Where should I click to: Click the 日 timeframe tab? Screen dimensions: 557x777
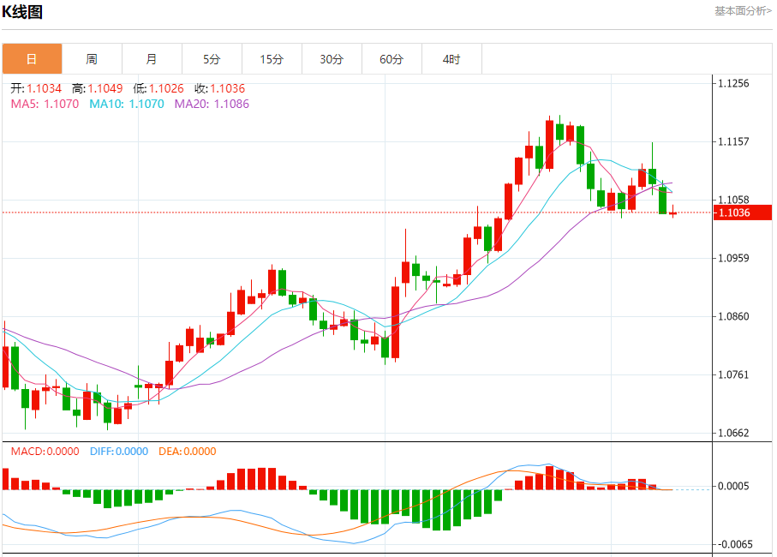[x=32, y=59]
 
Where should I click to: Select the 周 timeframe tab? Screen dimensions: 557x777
[x=92, y=59]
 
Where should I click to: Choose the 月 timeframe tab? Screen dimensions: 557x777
[x=152, y=59]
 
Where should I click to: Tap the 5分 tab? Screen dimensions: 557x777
[x=212, y=59]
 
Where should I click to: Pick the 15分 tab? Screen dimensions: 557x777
[x=272, y=59]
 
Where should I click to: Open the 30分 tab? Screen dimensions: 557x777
[x=332, y=59]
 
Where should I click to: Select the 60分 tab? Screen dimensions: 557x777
[x=391, y=59]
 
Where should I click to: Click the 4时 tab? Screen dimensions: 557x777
[x=451, y=59]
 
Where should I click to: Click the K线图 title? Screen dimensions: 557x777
[x=22, y=12]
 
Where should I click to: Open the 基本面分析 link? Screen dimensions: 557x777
[x=742, y=10]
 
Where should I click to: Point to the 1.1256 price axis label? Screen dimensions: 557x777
[x=733, y=83]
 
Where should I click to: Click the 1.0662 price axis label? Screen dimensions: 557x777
[x=733, y=433]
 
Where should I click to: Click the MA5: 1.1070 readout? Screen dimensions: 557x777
[x=45, y=104]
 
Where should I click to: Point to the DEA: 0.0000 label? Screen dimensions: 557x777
[x=188, y=452]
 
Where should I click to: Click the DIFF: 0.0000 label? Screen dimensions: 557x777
[x=118, y=452]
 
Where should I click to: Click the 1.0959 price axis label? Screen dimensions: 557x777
[x=733, y=258]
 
